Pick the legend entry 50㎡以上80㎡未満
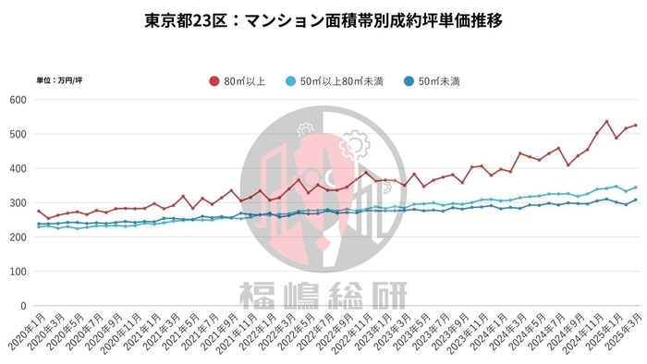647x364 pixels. click(344, 81)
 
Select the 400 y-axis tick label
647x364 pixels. click(18, 168)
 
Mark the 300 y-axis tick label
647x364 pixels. click(18, 202)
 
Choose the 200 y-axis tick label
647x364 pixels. click(18, 237)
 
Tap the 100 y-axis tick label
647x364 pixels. click(18, 271)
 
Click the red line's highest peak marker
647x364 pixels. click(606, 122)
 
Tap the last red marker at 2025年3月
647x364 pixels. click(635, 125)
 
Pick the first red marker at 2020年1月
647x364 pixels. click(39, 212)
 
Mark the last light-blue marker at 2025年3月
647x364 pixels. click(635, 188)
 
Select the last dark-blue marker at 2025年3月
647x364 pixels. click(635, 200)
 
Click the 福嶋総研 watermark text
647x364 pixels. click(323, 295)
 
